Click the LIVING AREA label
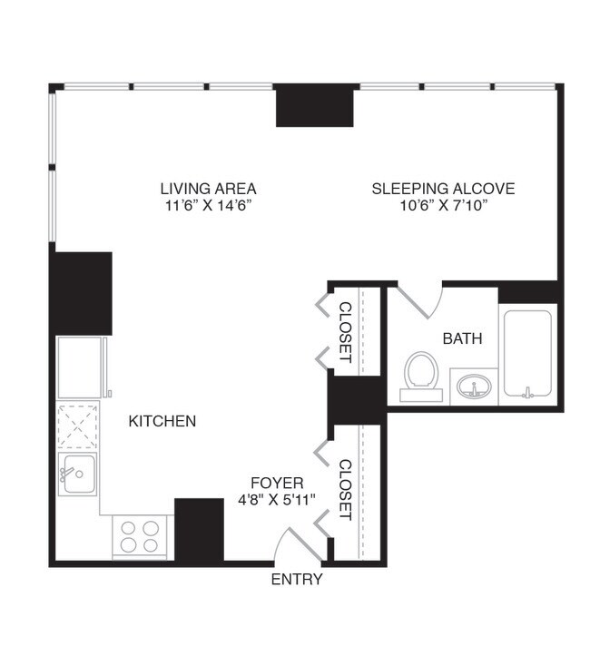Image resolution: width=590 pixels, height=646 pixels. point(208,189)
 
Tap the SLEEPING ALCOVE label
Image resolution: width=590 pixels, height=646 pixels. point(443,189)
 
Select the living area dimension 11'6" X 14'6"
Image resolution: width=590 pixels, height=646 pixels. point(208,206)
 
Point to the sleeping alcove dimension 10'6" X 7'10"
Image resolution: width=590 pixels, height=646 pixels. point(443,206)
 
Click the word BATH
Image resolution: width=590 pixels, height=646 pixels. point(462,338)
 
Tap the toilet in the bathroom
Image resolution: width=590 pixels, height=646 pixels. point(421,375)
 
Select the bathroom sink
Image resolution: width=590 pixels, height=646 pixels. point(473,387)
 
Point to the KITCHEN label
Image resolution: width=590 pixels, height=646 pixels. point(162,421)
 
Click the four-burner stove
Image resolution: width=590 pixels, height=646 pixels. point(141,536)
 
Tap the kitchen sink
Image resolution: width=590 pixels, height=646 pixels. point(78,474)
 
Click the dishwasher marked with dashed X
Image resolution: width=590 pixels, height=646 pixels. point(78,426)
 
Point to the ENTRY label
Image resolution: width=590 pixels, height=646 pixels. point(297,580)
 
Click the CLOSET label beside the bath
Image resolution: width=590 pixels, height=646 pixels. point(346,331)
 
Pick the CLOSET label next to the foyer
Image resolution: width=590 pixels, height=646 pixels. point(346,490)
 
